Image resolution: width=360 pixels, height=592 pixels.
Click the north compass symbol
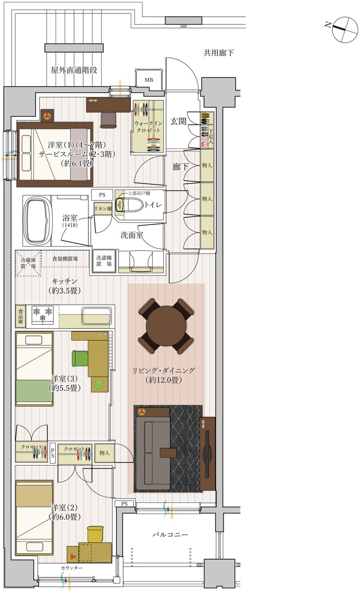pos(343,29)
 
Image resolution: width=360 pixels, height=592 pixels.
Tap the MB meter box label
pos(149,80)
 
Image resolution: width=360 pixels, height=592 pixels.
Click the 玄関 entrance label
pos(178,121)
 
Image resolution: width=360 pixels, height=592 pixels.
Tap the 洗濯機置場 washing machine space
pos(104,261)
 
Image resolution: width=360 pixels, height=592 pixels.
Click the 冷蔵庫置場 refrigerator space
pos(28,263)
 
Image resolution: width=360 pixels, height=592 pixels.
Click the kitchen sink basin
pos(96,315)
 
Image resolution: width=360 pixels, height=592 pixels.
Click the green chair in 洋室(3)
pos(80,358)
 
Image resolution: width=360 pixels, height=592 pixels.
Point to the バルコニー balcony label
pos(170,535)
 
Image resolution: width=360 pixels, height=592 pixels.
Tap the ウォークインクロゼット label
pos(148,127)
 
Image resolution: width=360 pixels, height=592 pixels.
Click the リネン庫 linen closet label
pos(103,209)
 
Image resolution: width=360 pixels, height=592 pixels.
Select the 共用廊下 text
pos(218,53)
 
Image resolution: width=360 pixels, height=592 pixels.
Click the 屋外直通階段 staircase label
pos(74,70)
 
